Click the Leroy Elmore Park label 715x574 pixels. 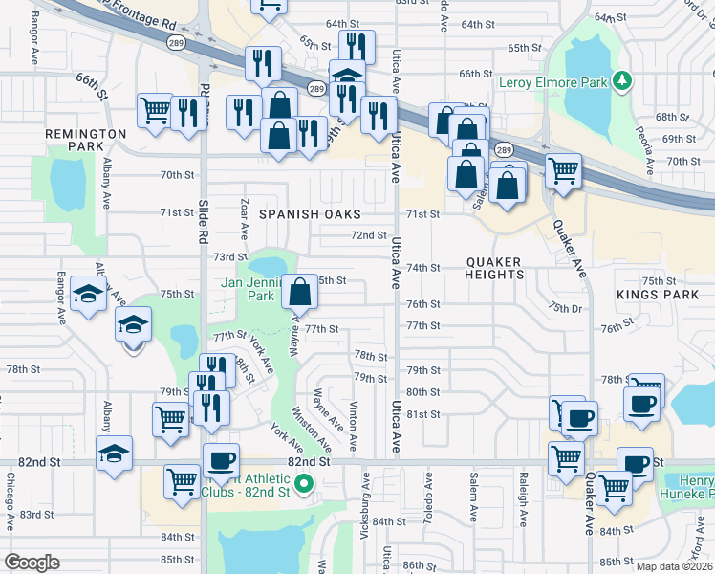pyautogui.click(x=553, y=83)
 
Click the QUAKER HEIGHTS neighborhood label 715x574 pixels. pyautogui.click(x=495, y=268)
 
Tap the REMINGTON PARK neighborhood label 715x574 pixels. pyautogui.click(x=86, y=141)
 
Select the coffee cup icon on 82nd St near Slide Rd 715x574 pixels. pyautogui.click(x=222, y=459)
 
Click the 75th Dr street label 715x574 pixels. pyautogui.click(x=565, y=306)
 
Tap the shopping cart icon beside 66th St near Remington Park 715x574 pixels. pyautogui.click(x=155, y=109)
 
